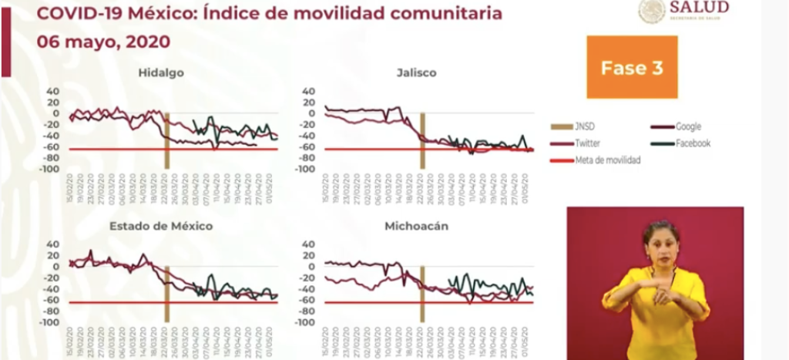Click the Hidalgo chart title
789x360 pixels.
tap(161, 73)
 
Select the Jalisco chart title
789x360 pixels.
tap(416, 73)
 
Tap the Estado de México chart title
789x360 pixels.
tap(161, 226)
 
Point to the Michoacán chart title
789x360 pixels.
tap(416, 226)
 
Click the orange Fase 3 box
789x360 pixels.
tap(632, 67)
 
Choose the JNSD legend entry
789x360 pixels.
tap(583, 126)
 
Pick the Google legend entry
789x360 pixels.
tap(688, 126)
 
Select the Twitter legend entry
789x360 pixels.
tap(588, 143)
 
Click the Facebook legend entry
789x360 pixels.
tap(693, 143)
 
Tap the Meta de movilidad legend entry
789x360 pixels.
tap(607, 160)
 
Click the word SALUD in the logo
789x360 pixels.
tap(699, 8)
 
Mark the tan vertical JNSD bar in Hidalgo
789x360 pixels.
tap(166, 139)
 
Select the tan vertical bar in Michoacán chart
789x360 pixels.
tap(422, 291)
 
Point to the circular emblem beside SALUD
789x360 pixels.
tap(652, 10)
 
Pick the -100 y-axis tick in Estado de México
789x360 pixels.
tap(51, 322)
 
